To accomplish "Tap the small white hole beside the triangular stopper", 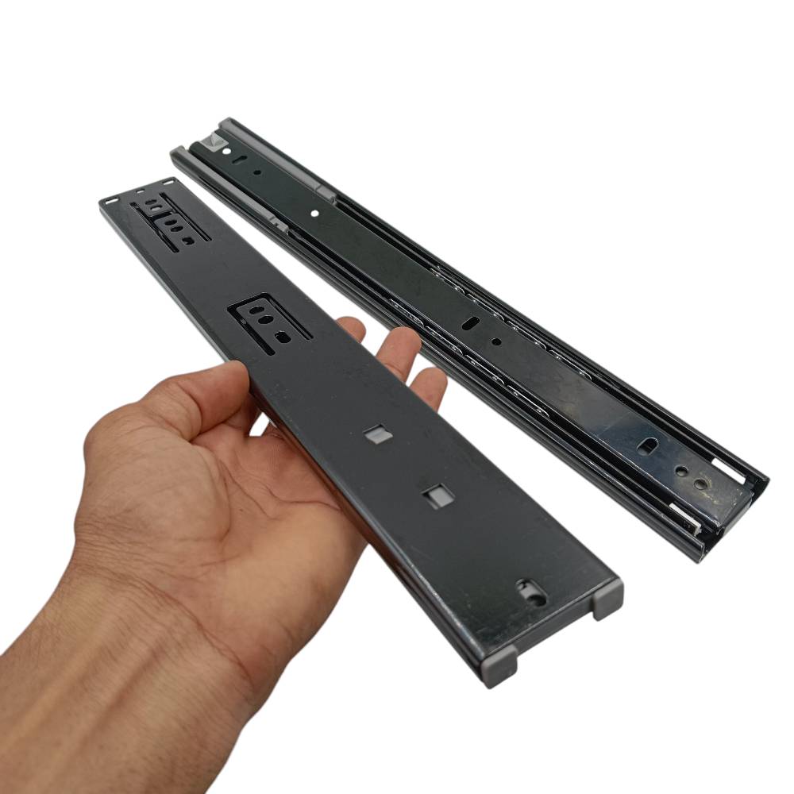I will click(228, 149).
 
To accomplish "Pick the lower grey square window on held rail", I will click(434, 497).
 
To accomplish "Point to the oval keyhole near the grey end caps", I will click(530, 592).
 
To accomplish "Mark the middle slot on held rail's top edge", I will click(141, 191).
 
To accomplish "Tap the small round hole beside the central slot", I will click(496, 342).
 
